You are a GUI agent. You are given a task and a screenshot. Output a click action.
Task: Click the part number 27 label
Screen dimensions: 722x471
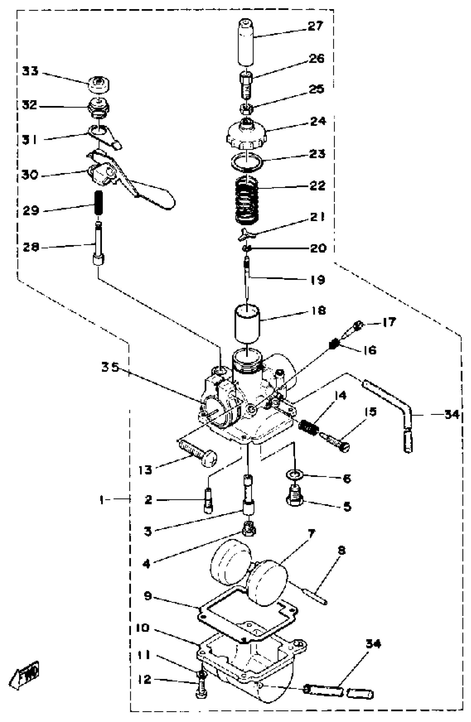316,26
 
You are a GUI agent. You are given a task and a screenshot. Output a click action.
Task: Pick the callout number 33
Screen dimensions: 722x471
30,72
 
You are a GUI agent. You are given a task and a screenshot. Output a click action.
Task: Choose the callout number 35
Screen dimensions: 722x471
111,368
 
